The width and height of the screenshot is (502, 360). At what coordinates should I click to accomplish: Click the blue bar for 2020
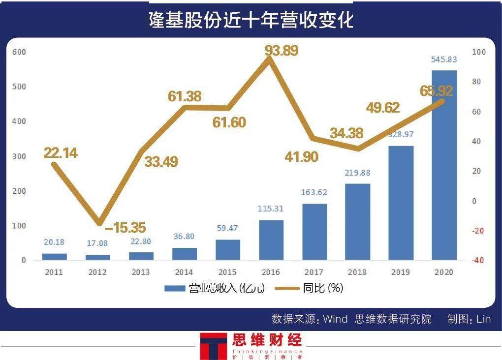coord(444,165)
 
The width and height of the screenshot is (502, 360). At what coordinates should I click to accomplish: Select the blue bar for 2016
coord(271,240)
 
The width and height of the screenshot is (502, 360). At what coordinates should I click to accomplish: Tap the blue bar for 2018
coord(358,222)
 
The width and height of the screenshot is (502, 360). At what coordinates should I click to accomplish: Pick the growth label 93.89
coord(282,50)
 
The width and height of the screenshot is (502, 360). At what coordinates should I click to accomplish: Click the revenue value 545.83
coord(444,60)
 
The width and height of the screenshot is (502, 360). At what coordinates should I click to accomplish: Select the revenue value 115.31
coord(271,209)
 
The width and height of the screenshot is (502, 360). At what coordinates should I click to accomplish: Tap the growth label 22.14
coord(61,153)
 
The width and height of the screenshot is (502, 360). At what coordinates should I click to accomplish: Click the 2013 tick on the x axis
coord(141,272)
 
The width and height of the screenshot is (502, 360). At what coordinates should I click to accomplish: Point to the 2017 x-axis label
coord(314,272)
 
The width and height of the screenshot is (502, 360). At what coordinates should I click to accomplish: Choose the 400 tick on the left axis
coord(20,121)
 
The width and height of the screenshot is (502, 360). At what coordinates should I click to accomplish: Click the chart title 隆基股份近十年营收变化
coord(251,20)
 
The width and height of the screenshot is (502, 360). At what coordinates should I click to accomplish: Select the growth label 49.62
coord(383,108)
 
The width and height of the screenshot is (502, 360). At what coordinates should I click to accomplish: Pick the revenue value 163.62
coord(314,192)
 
